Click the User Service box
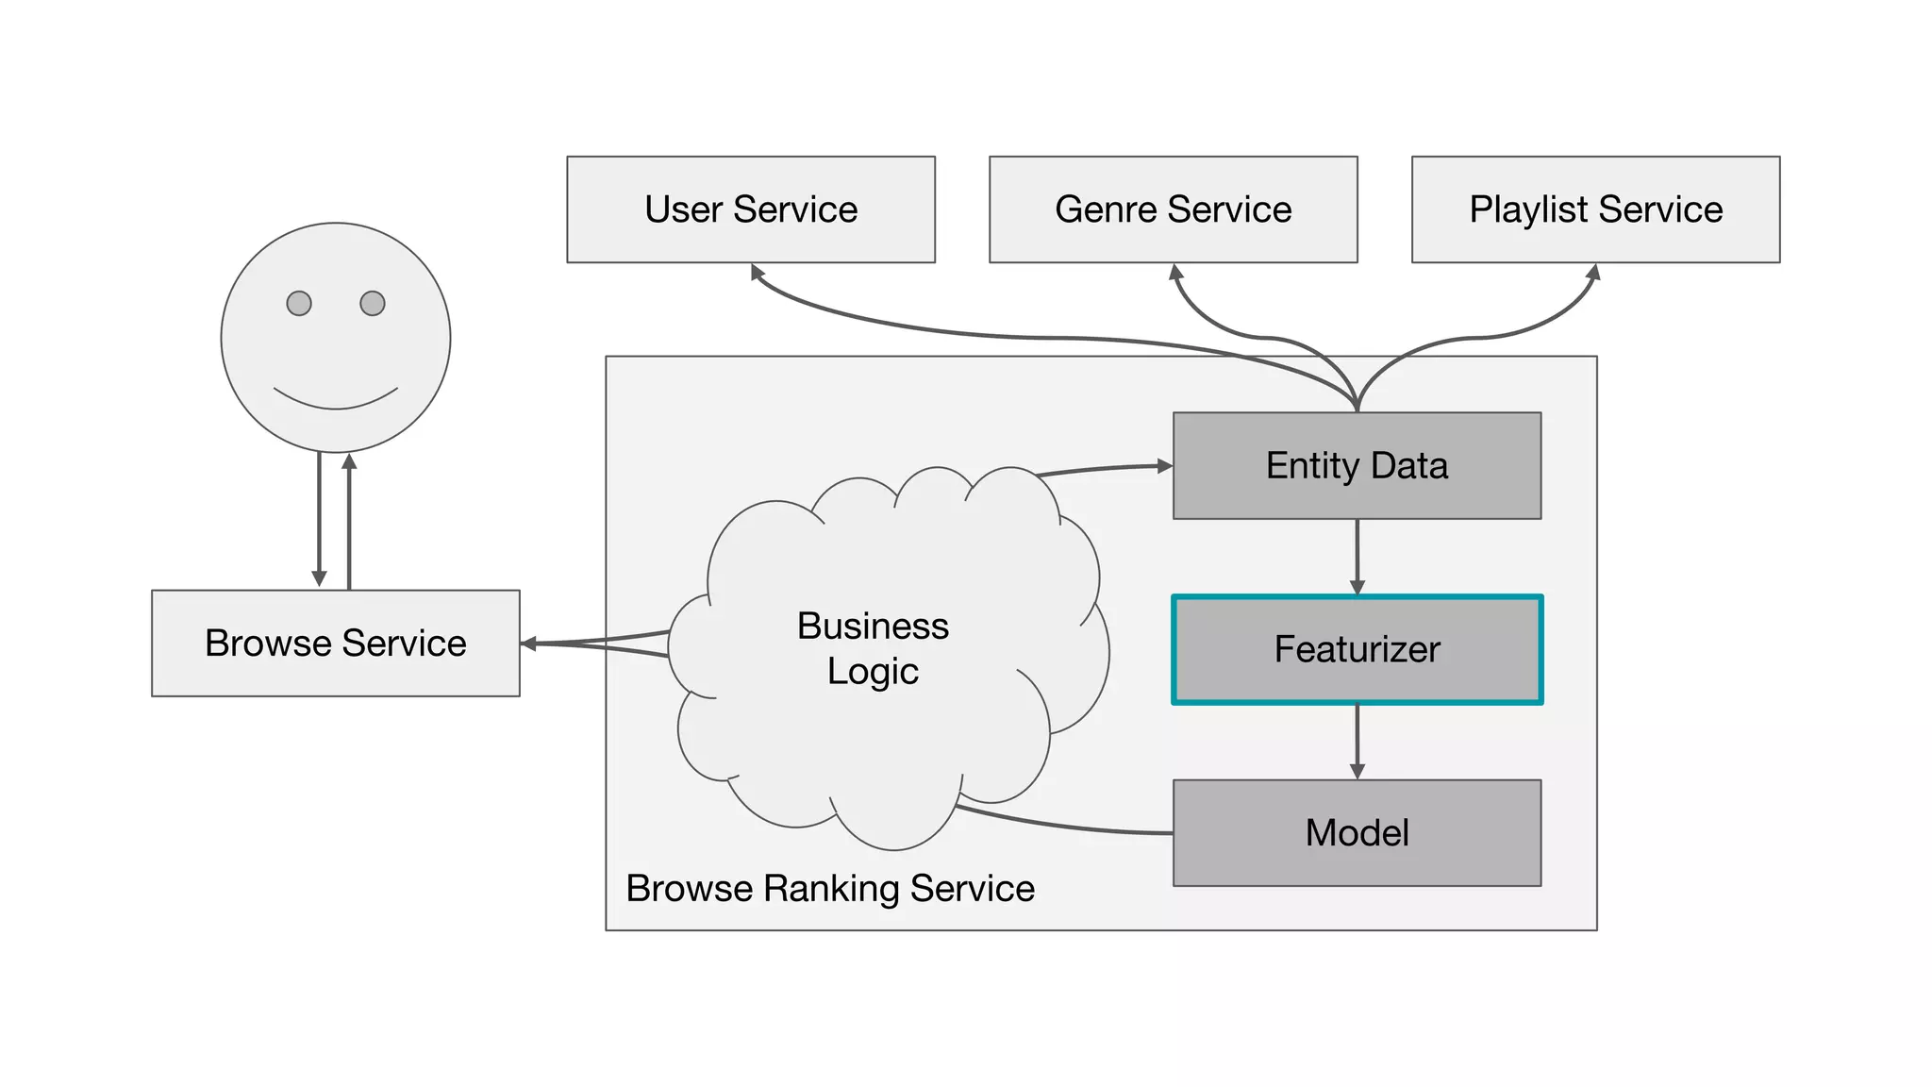point(751,209)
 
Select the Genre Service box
point(1173,209)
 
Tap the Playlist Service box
point(1595,209)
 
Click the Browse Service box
point(335,644)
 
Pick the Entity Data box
point(1357,466)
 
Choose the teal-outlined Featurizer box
point(1357,649)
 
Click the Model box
point(1357,833)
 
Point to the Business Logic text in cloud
point(873,649)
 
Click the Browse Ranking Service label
point(830,889)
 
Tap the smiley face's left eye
point(299,304)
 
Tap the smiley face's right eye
point(373,304)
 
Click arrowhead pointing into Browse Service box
point(529,644)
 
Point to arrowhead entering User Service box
point(757,272)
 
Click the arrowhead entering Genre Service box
point(1175,273)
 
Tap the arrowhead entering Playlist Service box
point(1593,273)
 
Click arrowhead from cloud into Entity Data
point(1165,465)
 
